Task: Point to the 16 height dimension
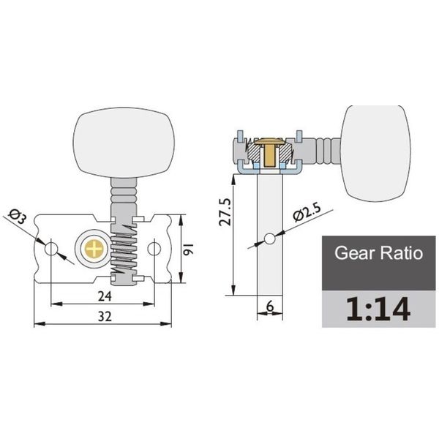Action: [x=188, y=249]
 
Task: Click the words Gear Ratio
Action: [x=378, y=255]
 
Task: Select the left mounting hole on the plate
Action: [x=50, y=249]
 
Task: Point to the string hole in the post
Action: [x=270, y=239]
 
